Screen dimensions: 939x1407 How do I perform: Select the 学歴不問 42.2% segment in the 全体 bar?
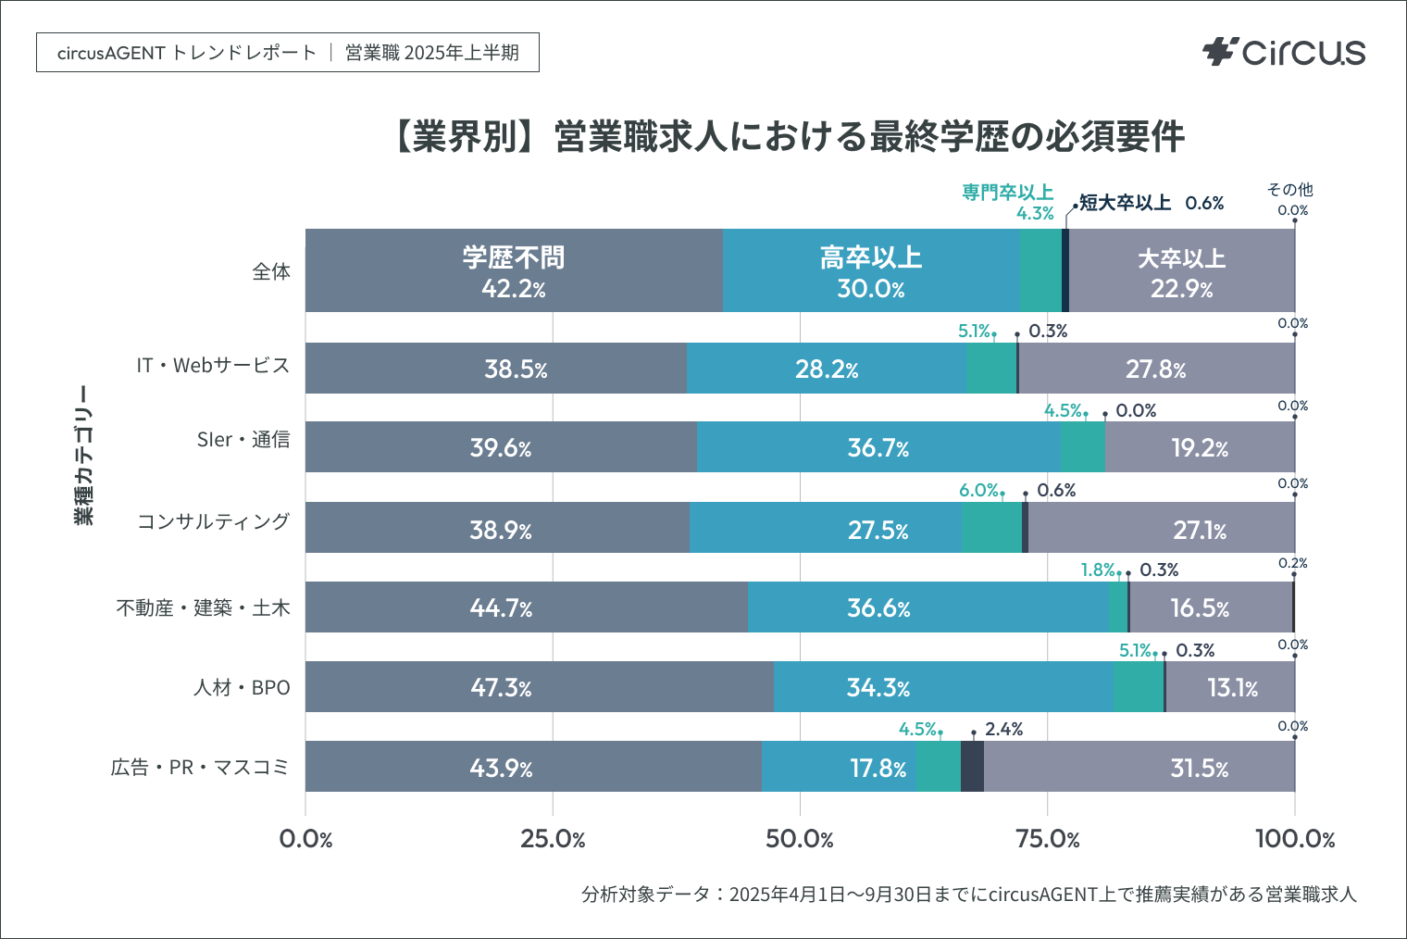tap(514, 270)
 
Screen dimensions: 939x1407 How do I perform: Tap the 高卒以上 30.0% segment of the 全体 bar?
tap(870, 270)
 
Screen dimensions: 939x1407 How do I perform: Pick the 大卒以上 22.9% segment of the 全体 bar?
tap(1181, 270)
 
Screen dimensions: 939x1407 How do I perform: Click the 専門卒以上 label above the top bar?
tap(1007, 192)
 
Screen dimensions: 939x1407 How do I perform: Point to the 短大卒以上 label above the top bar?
tap(1125, 203)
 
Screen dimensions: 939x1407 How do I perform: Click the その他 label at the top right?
tap(1289, 190)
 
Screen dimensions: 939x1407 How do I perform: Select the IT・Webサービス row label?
tap(213, 366)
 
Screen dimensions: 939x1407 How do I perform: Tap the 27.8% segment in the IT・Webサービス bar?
tap(1155, 369)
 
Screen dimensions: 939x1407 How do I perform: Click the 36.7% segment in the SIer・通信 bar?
tap(878, 448)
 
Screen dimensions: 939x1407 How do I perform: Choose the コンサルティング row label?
tap(213, 521)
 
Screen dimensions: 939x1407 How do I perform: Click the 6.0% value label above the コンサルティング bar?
tap(978, 491)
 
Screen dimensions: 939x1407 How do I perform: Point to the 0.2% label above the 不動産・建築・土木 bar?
tap(1292, 563)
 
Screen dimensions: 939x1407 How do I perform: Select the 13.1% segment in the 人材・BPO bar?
tap(1231, 687)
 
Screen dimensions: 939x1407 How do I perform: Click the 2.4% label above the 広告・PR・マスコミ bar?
tap(1003, 730)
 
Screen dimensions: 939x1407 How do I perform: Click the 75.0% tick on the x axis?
tap(1047, 840)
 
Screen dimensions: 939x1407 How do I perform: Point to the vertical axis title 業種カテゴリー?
tap(84, 455)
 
